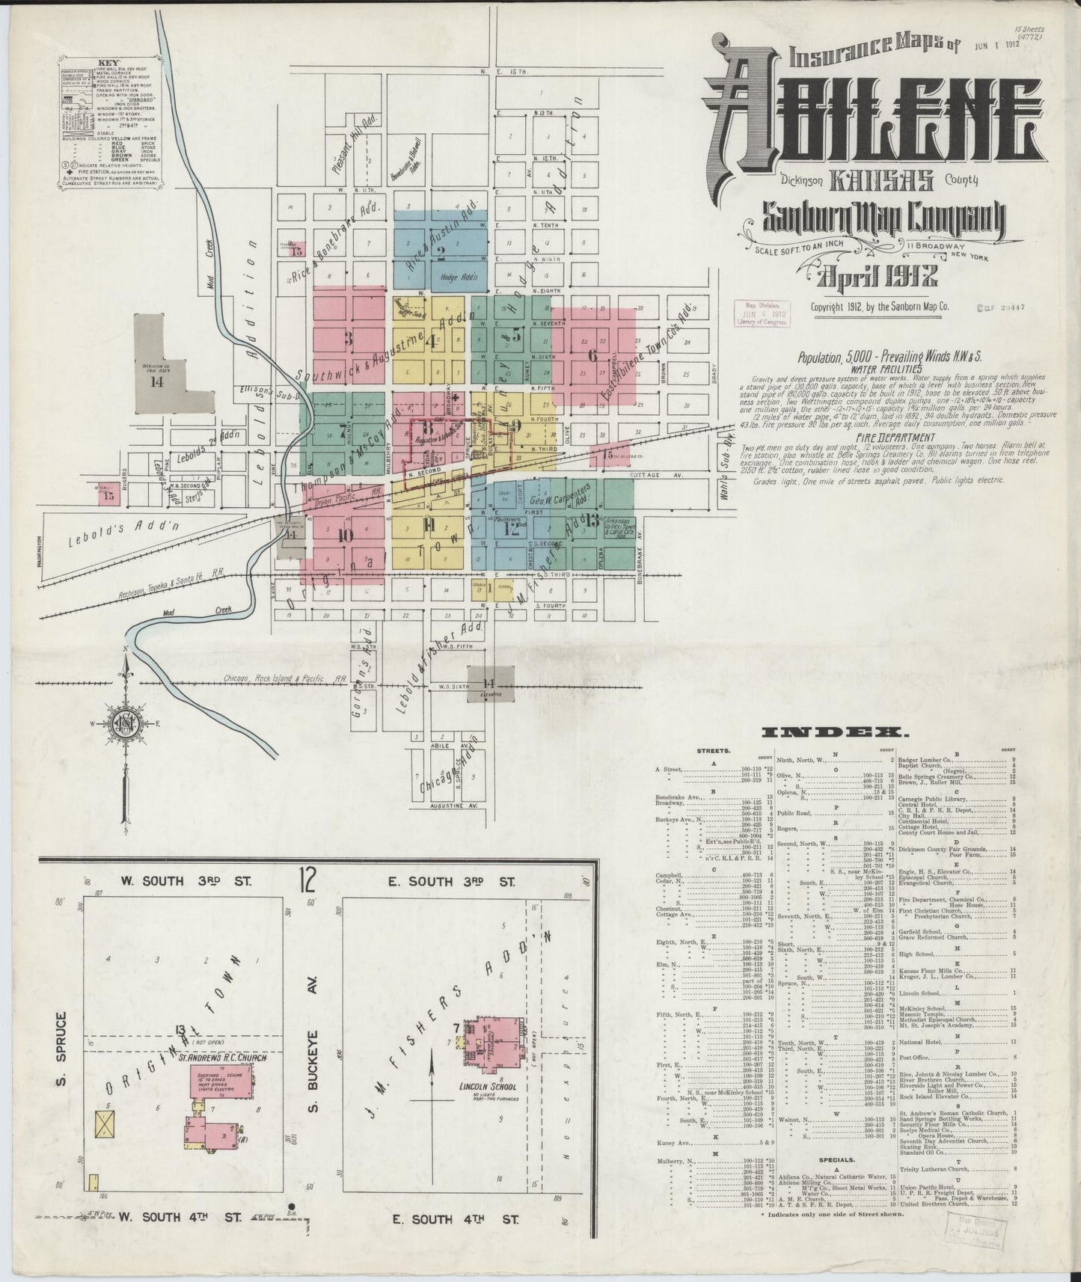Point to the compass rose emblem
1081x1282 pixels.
[x=125, y=724]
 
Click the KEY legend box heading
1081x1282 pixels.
[x=110, y=64]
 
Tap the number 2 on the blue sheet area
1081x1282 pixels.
[x=441, y=251]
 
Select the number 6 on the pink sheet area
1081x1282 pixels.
[x=592, y=357]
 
